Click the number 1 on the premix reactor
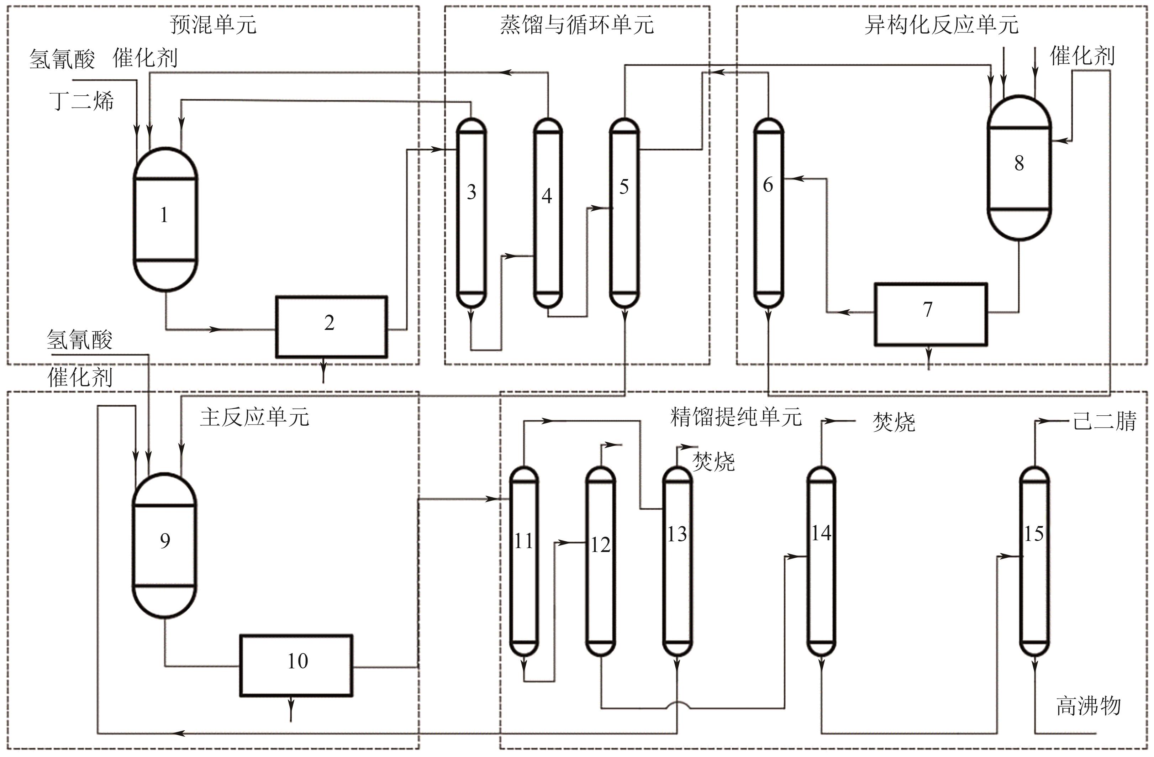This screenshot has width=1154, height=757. click(164, 215)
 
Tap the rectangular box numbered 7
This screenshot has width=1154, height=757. click(930, 314)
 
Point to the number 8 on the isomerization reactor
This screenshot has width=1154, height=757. click(1019, 163)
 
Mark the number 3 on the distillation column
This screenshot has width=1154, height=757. click(471, 193)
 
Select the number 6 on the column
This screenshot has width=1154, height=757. click(768, 185)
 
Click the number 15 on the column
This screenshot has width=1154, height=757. click(1034, 534)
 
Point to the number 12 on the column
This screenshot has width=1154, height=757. click(600, 545)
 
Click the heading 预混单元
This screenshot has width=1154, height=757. click(214, 25)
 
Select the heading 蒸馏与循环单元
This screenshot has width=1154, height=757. click(577, 25)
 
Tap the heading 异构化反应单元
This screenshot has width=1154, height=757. click(942, 25)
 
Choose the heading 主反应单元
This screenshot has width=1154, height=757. click(254, 417)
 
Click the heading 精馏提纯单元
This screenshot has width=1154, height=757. click(736, 417)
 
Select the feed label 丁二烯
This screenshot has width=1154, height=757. click(81, 101)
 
